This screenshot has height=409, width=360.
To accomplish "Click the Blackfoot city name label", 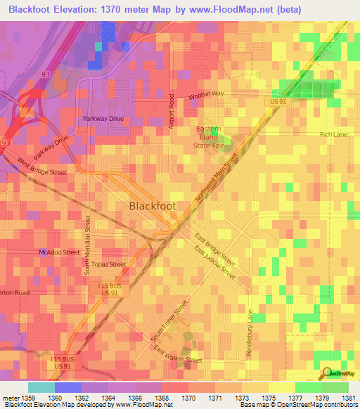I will point(153,206).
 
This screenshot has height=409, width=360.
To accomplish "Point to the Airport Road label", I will point(171,111).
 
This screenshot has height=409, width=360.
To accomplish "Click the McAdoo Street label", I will point(60,252).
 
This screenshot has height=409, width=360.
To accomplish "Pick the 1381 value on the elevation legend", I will point(348,398).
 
